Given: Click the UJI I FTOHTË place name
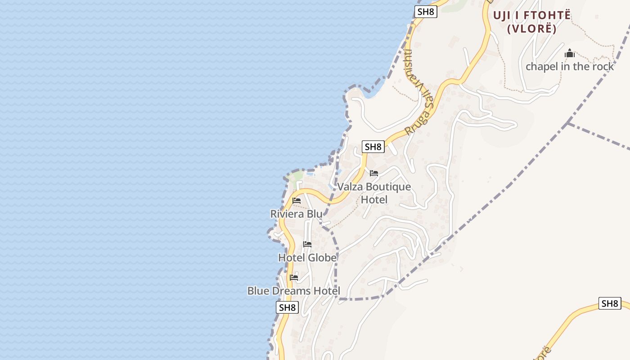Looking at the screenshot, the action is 532,15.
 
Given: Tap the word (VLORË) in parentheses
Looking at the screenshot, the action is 532,29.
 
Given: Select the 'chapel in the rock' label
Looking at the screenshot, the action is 570,67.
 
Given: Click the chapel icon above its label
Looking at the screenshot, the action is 570,54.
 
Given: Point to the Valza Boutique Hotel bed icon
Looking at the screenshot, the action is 374,173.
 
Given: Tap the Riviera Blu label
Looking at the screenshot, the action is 296,214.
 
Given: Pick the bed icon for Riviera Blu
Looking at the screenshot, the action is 297,201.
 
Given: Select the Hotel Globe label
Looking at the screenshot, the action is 307,258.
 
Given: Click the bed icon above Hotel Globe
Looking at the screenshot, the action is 307,244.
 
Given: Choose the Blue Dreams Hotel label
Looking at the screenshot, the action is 293,291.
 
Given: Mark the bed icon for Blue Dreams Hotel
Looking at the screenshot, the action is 294,277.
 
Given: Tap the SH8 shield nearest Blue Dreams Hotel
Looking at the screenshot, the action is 287,307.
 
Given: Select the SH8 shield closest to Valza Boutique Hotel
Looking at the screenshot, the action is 373,147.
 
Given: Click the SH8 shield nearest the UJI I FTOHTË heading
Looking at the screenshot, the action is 425,12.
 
